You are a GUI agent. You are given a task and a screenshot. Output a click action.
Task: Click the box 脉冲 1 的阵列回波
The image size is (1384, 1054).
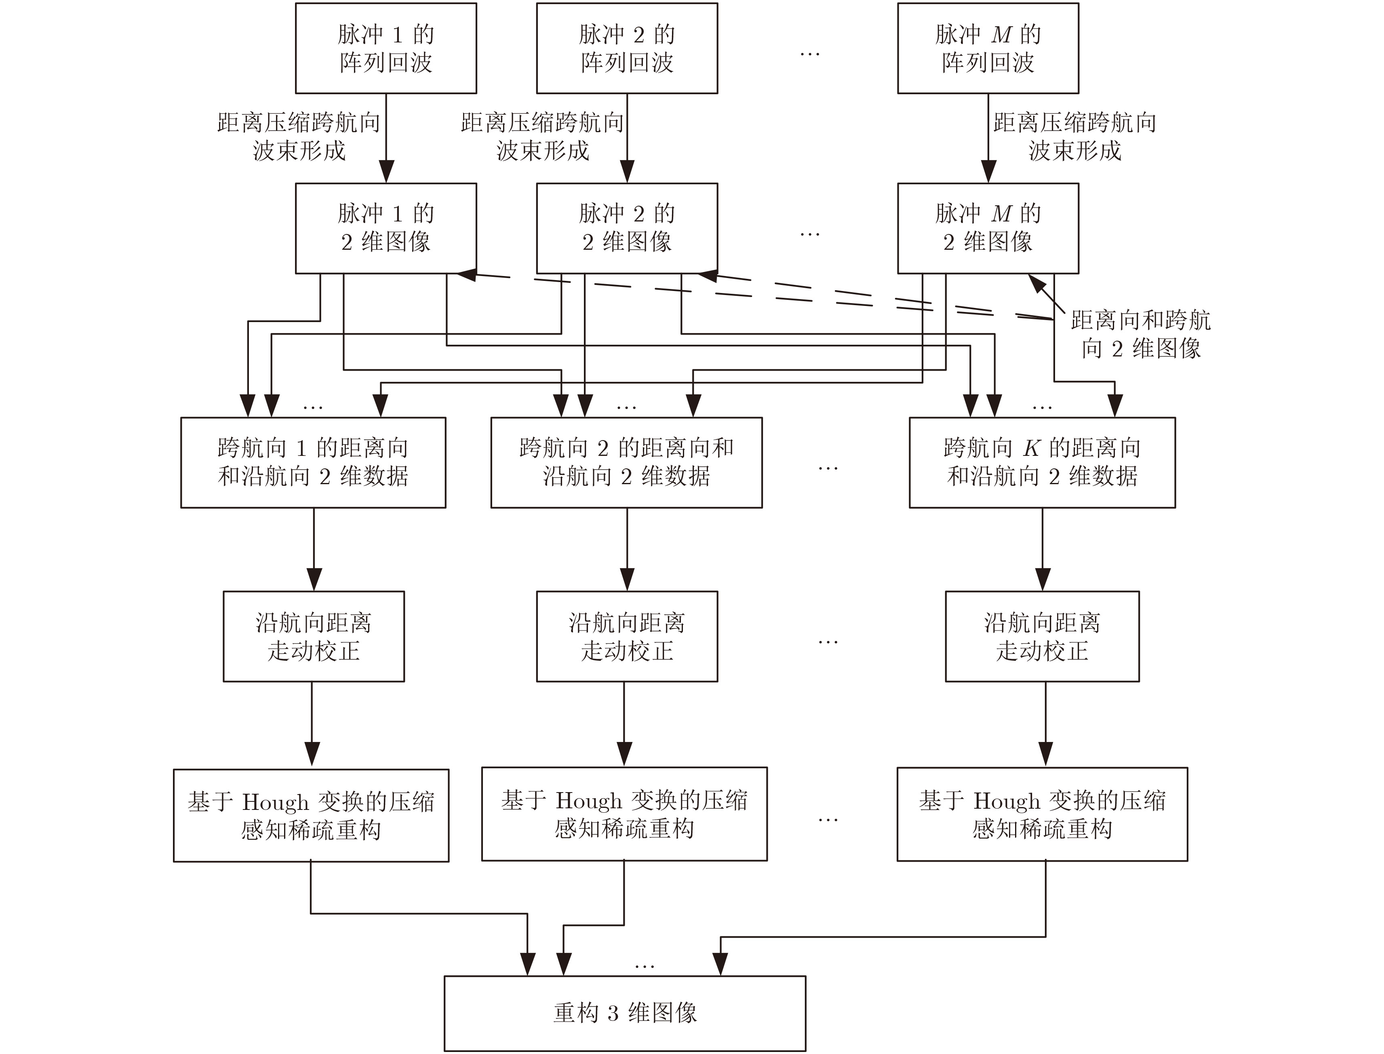click(x=386, y=48)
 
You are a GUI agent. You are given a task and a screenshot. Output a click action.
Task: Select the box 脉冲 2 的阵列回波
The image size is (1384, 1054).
click(x=627, y=48)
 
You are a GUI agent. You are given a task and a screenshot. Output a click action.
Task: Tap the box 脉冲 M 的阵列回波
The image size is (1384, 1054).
click(x=988, y=48)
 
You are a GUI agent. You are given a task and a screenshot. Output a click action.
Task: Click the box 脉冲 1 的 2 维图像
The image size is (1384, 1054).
click(x=386, y=228)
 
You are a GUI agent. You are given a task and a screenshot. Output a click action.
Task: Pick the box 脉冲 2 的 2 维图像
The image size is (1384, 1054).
click(x=627, y=228)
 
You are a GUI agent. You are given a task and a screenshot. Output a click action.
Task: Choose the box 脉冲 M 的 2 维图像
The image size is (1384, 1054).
click(x=988, y=228)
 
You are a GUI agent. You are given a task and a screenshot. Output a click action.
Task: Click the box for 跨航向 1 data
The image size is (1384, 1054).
click(x=313, y=462)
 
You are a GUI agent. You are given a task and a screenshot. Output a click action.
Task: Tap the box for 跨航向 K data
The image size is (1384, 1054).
click(x=1042, y=462)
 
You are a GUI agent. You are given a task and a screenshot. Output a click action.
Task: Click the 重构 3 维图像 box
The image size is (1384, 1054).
click(x=625, y=1013)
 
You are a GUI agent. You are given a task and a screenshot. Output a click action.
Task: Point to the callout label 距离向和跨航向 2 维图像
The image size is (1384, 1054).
click(x=1141, y=334)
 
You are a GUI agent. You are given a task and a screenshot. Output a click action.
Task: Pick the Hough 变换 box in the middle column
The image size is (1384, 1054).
click(x=624, y=814)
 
